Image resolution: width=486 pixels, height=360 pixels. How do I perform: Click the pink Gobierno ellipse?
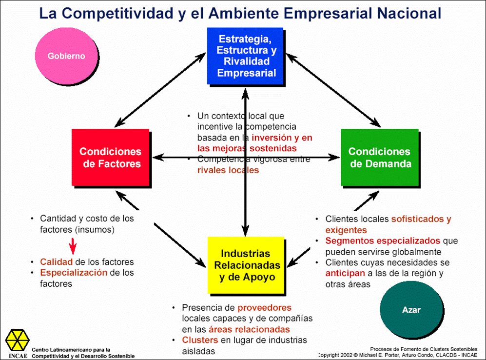click(x=66, y=56)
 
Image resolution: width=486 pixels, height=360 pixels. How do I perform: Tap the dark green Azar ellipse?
click(x=411, y=309)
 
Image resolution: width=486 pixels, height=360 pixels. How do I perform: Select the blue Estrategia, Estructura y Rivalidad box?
click(x=245, y=56)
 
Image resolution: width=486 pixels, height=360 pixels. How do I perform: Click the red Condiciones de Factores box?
click(x=111, y=157)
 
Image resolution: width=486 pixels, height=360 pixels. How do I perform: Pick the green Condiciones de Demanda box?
click(x=380, y=157)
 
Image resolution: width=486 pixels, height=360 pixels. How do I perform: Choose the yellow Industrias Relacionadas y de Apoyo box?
click(x=246, y=265)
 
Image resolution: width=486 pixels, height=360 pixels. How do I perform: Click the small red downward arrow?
click(x=73, y=246)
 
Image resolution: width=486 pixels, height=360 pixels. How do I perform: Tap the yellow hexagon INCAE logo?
click(x=18, y=340)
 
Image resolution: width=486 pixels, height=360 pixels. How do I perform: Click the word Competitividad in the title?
click(x=117, y=13)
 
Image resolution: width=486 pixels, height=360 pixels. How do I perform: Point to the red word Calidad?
click(x=57, y=262)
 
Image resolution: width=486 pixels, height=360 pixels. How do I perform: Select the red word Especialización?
click(x=74, y=273)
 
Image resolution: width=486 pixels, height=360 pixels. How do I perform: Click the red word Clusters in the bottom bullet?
click(x=200, y=340)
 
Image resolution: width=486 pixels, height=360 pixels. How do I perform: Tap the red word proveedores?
click(x=264, y=308)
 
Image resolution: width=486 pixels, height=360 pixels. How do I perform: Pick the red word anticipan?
click(x=345, y=274)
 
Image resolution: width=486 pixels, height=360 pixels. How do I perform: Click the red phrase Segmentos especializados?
click(x=383, y=241)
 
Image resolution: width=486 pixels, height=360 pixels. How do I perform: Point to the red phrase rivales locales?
click(x=228, y=170)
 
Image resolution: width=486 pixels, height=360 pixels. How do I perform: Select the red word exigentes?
click(x=346, y=230)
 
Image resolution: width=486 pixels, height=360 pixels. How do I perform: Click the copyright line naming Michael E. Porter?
click(x=398, y=355)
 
